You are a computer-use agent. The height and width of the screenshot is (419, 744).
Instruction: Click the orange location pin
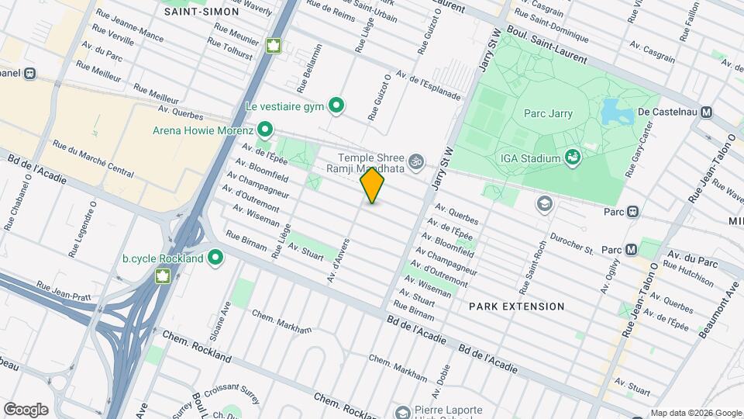pyautogui.click(x=373, y=185)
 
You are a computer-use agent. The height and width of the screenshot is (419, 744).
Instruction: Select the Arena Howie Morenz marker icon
pyautogui.click(x=265, y=129)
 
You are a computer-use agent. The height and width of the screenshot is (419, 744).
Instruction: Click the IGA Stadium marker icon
pyautogui.click(x=573, y=158)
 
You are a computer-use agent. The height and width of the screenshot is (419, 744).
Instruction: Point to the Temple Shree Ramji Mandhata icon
pyautogui.click(x=417, y=161)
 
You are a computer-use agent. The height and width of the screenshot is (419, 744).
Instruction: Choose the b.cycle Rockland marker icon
pyautogui.click(x=215, y=258)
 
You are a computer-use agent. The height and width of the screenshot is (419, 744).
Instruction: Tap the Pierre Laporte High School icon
pyautogui.click(x=402, y=411)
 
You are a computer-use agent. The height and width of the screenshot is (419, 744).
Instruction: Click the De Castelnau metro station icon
pyautogui.click(x=706, y=112)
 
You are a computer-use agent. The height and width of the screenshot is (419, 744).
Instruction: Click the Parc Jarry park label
pyautogui.click(x=548, y=113)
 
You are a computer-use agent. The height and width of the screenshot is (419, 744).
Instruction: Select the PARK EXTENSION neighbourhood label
pyautogui.click(x=517, y=306)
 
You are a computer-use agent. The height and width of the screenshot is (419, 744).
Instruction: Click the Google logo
pyautogui.click(x=26, y=409)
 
